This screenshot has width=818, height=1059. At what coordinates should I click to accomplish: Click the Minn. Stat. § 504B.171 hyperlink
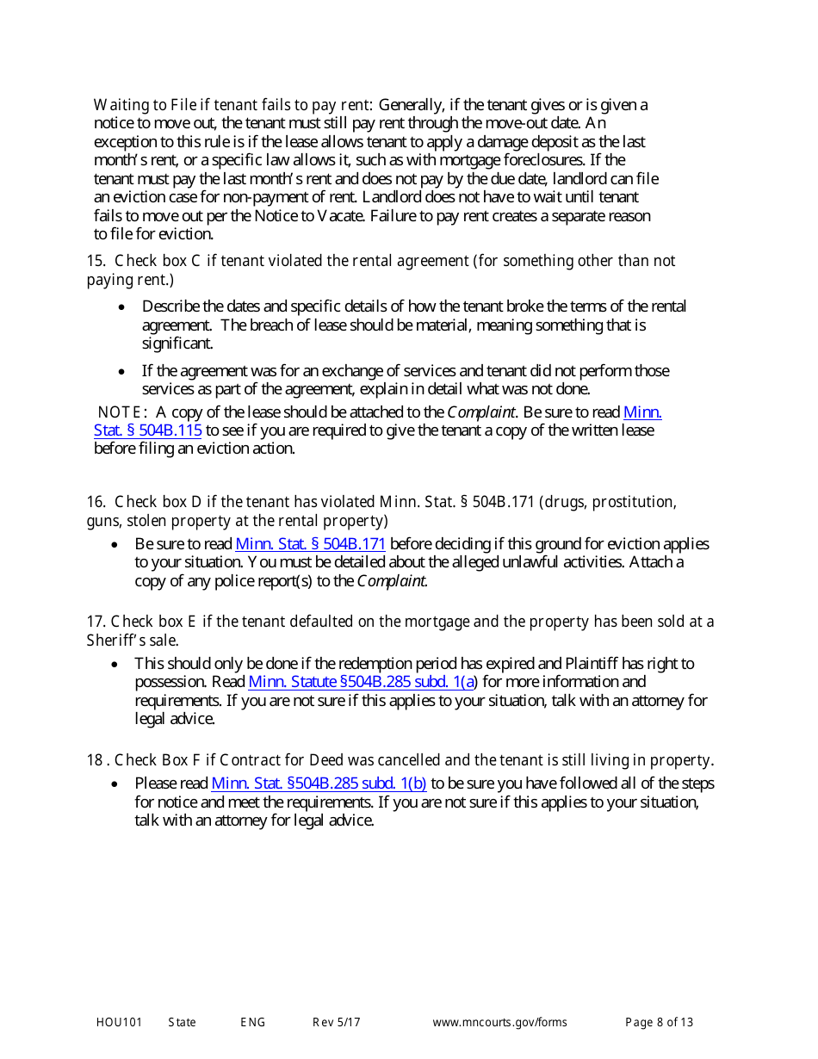(310, 544)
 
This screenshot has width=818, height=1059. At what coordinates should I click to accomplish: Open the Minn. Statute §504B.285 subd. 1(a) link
(362, 682)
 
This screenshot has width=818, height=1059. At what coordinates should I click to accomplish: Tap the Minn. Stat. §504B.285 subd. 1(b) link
(319, 783)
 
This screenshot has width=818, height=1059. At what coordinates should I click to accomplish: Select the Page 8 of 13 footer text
(659, 1023)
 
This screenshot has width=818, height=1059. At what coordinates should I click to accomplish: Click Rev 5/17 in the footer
(336, 1023)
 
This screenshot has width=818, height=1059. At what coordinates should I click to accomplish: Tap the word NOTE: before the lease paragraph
(123, 412)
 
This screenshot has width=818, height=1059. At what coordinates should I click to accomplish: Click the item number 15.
(95, 261)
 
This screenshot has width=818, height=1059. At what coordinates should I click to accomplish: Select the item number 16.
(95, 502)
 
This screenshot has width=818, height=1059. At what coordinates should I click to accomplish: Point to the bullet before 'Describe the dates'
(123, 307)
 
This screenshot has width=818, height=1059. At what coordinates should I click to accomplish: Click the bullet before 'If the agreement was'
(123, 372)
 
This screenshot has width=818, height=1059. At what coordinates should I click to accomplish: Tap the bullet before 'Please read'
(115, 784)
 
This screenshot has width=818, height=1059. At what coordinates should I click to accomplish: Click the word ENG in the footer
(252, 1023)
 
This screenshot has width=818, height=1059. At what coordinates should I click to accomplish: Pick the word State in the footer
(182, 1023)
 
